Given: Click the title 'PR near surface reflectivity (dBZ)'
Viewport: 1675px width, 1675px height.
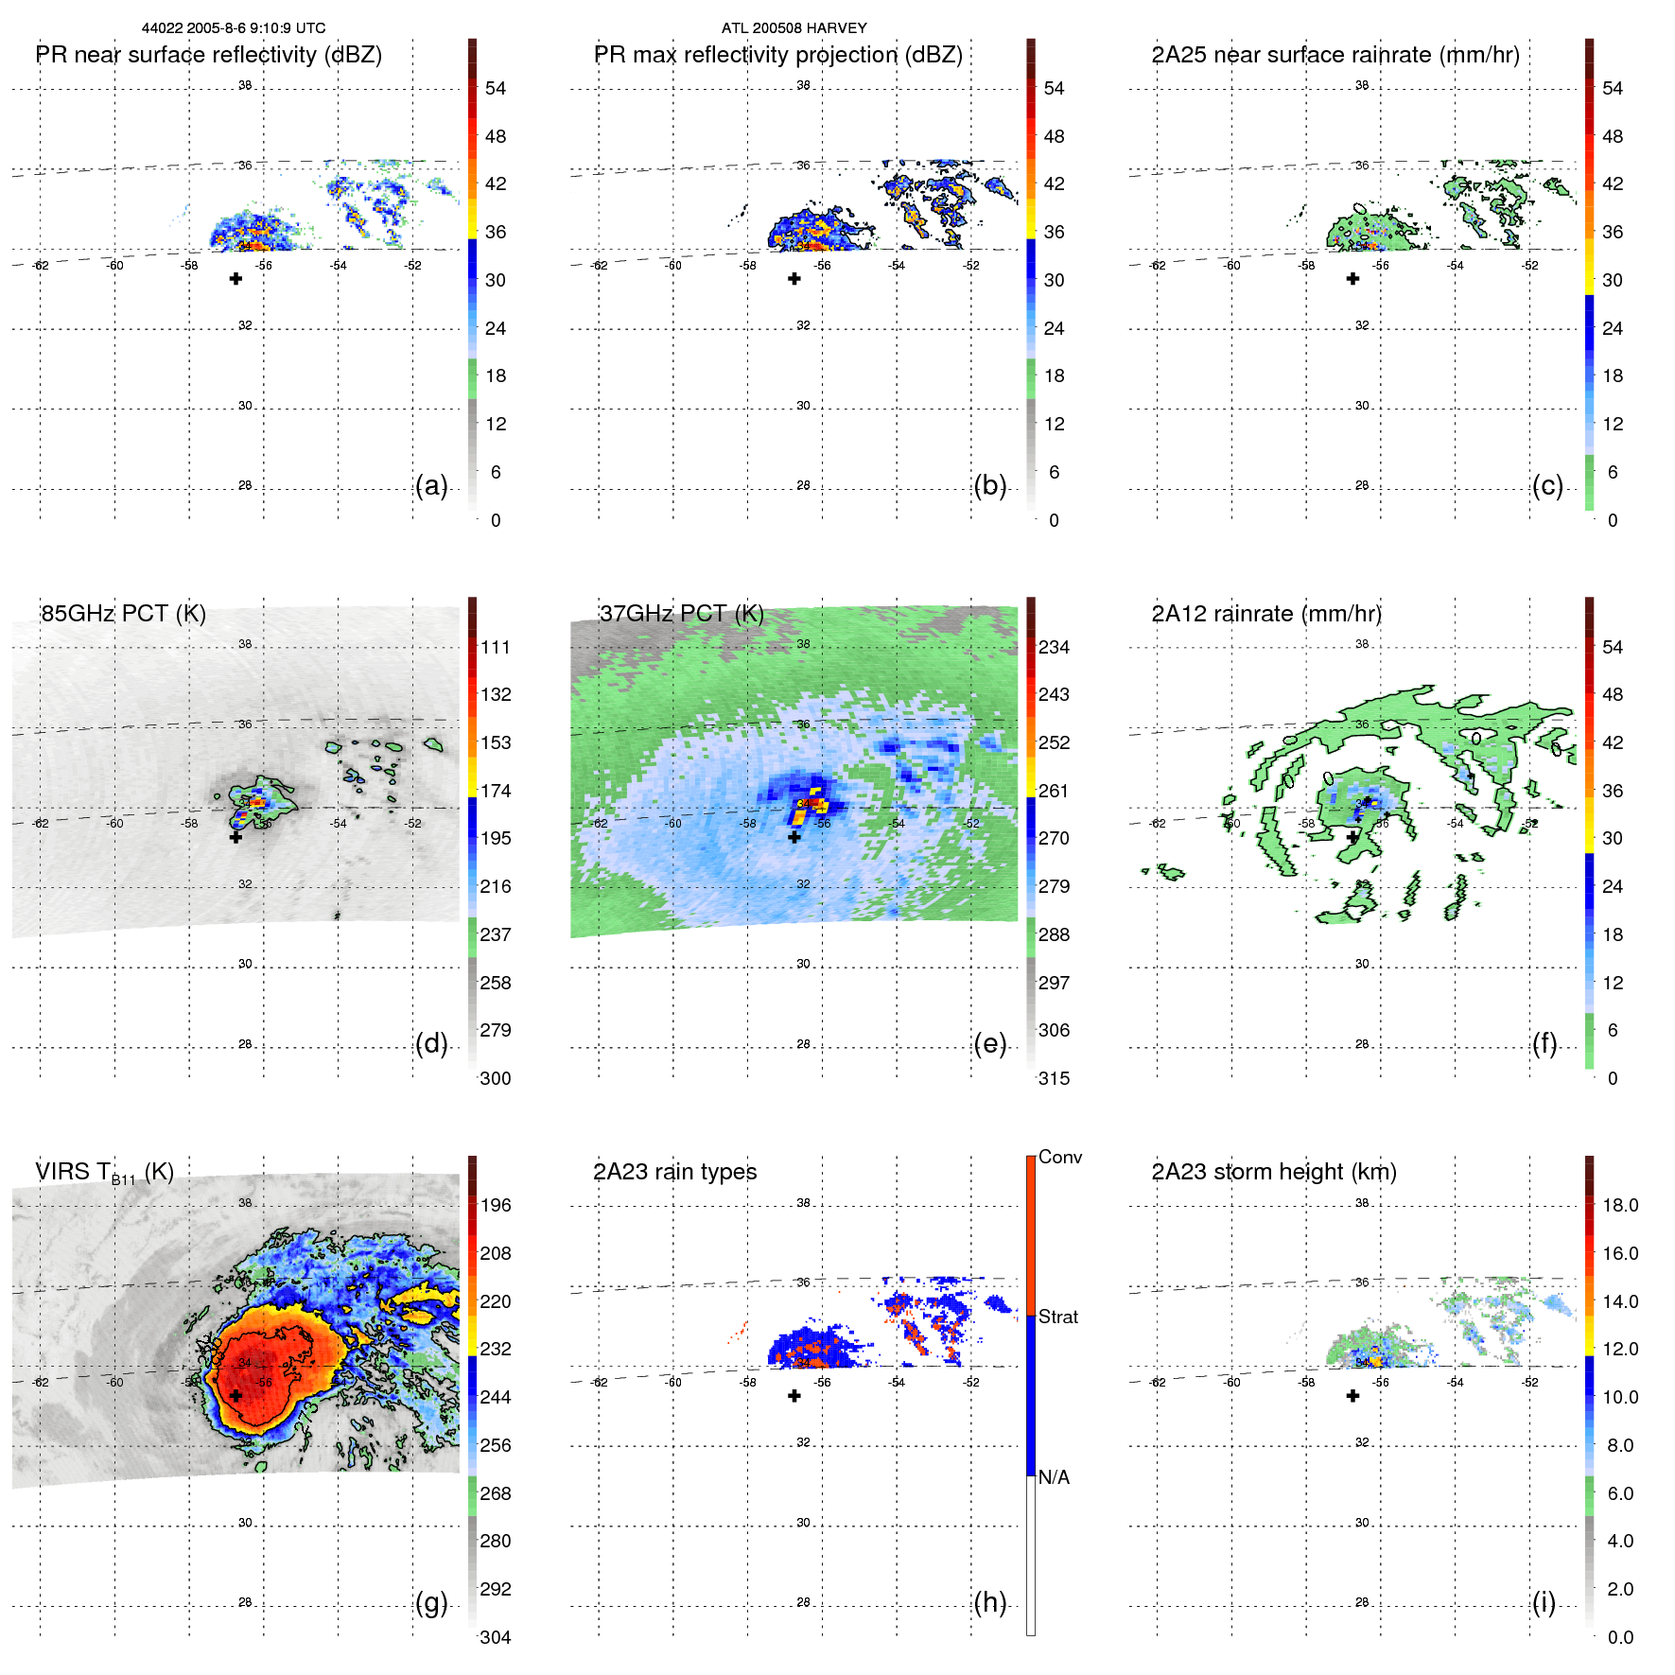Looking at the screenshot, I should pyautogui.click(x=208, y=55).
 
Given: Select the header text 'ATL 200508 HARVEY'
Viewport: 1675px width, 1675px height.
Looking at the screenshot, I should pyautogui.click(x=794, y=28).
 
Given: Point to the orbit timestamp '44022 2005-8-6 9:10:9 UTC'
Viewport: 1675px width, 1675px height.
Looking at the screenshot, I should pyautogui.click(x=234, y=28).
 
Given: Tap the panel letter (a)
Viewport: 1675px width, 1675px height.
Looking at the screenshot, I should pyautogui.click(x=431, y=485).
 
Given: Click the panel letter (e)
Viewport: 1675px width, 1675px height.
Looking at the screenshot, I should pyautogui.click(x=989, y=1043).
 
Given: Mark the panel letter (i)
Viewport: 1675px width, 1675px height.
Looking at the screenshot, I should pyautogui.click(x=1544, y=1602).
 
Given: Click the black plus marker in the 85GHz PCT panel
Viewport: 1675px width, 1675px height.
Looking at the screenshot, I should pyautogui.click(x=236, y=837).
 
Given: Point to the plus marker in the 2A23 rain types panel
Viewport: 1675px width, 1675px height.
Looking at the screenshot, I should pyautogui.click(x=794, y=1396).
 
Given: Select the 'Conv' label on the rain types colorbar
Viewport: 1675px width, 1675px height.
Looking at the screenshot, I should pyautogui.click(x=1060, y=1157).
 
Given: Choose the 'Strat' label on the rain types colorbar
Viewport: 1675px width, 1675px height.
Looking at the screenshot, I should pyautogui.click(x=1058, y=1317).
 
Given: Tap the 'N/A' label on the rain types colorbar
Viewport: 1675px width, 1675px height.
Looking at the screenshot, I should pyautogui.click(x=1054, y=1477).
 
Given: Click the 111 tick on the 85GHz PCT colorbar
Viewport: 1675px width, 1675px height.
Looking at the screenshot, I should pyautogui.click(x=496, y=647).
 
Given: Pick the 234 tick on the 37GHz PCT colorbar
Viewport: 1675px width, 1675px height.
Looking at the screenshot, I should pyautogui.click(x=1054, y=647).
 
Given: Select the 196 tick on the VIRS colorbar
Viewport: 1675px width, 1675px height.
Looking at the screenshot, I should pyautogui.click(x=496, y=1205).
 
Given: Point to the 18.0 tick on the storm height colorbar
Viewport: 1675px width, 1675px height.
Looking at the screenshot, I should pyautogui.click(x=1620, y=1205).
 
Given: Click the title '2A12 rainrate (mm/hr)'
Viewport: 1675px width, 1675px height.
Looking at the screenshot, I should pyautogui.click(x=1266, y=614).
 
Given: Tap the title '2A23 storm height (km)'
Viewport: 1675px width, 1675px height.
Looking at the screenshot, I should pyautogui.click(x=1274, y=1172).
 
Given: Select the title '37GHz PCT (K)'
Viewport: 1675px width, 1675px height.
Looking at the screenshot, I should pyautogui.click(x=681, y=614).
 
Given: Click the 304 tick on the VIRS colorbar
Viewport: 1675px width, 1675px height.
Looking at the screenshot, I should pyautogui.click(x=496, y=1637).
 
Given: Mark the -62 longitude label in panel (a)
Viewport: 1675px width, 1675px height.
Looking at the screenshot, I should pyautogui.click(x=40, y=266).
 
